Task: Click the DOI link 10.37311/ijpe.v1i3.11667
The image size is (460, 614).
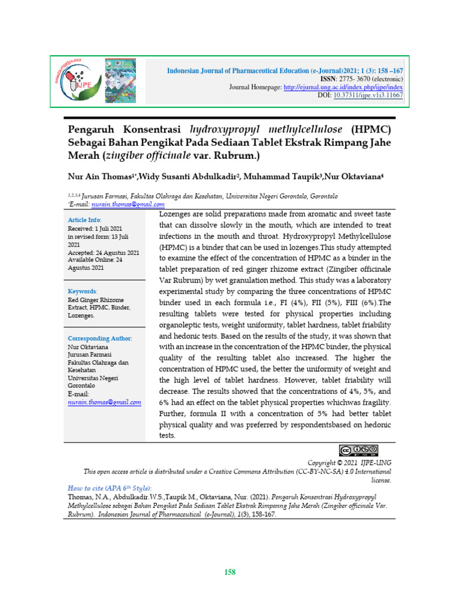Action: tap(368, 95)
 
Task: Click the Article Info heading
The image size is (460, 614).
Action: tap(84, 220)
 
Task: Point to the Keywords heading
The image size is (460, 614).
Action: tap(83, 291)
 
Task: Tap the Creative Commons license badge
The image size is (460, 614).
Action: tap(358, 451)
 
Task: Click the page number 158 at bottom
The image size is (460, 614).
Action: tap(229, 572)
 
